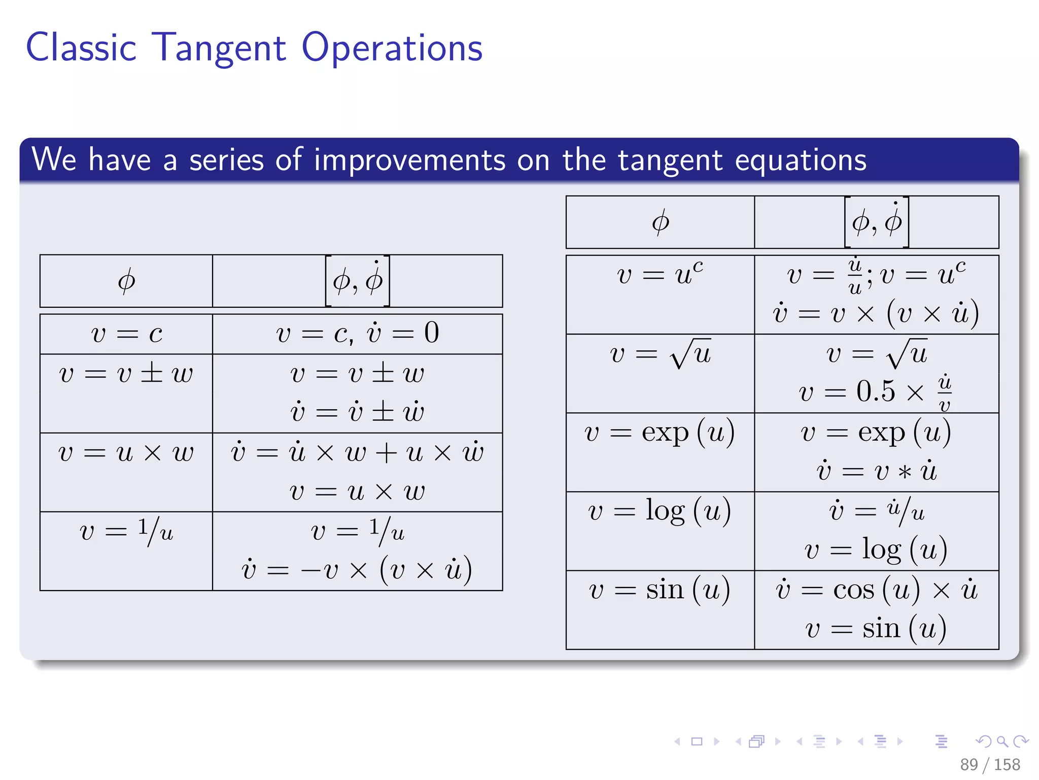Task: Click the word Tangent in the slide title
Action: click(219, 48)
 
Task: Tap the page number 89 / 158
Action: click(989, 764)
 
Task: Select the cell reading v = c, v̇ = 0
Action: click(357, 334)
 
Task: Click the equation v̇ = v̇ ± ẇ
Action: click(357, 412)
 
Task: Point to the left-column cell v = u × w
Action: click(126, 452)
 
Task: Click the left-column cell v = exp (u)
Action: click(660, 433)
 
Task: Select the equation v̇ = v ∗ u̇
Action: click(876, 471)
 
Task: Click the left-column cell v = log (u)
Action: click(660, 511)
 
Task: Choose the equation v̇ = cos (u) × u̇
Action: click(876, 590)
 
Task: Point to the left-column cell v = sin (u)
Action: click(660, 590)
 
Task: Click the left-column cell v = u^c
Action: click(660, 275)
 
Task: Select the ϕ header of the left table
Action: click(126, 281)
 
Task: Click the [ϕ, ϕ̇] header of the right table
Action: click(876, 222)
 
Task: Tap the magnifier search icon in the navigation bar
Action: click(1002, 741)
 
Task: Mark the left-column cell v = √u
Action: click(660, 353)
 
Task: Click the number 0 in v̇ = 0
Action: click(432, 333)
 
